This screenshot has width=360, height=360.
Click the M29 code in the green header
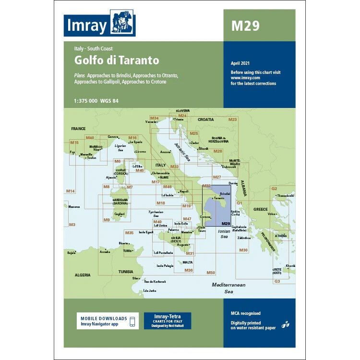coord(245,26)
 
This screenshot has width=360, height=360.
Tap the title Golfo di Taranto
coord(116,61)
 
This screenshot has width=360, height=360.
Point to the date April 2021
coord(240,63)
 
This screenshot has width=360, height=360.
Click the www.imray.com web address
coord(245,77)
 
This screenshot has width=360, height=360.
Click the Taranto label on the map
coord(219,198)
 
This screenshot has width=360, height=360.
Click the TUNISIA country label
coord(126,271)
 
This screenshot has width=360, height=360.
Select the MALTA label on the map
coord(188,262)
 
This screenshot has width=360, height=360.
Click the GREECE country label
coord(261,209)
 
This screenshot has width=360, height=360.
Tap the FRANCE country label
coord(78,129)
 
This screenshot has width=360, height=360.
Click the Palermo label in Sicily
coord(173,230)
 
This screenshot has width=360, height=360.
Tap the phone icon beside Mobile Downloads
coord(132,321)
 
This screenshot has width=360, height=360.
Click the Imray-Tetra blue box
coord(167,320)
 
